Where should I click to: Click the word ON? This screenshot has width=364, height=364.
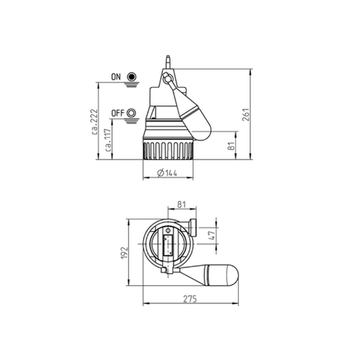tap(116, 77)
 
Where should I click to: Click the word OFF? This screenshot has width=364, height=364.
tap(117, 113)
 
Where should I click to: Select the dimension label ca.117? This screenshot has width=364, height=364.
tap(111, 140)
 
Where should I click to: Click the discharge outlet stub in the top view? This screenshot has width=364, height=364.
tap(193, 227)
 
